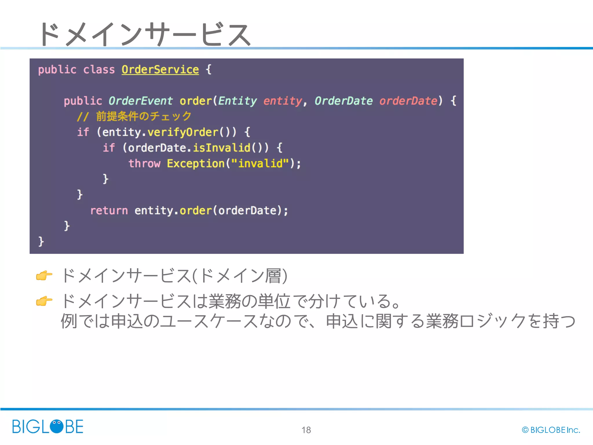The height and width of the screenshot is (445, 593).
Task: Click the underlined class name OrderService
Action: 160,70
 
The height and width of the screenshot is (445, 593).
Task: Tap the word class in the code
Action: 99,70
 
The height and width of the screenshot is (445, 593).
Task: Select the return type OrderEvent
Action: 140,101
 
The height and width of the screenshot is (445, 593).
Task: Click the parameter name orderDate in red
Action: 408,101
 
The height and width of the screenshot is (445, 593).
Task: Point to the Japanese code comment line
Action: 134,116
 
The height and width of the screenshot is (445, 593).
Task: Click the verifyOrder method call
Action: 183,132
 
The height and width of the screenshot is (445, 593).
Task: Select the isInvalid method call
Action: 222,148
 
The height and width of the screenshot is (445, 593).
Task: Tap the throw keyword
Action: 144,163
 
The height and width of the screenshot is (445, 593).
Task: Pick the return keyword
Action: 109,210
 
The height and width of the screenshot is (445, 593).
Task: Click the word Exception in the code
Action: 196,163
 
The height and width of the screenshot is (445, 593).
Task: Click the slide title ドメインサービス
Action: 145,34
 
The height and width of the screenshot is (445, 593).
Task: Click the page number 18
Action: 306,430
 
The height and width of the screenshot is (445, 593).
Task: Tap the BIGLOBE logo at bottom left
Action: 48,426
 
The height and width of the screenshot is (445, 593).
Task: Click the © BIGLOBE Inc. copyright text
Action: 551,430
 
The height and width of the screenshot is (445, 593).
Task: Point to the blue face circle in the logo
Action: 56,426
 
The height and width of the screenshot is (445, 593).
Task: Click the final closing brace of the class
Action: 41,241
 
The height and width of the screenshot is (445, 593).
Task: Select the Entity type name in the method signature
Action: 237,101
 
